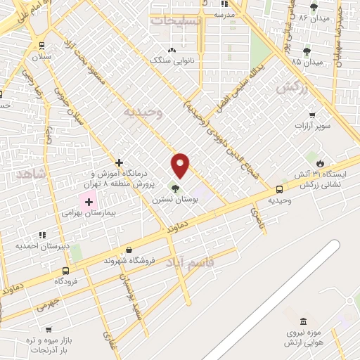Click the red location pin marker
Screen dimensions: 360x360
pos(181,165)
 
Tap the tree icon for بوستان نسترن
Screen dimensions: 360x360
pos(174,188)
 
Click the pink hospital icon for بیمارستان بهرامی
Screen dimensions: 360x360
pos(89,202)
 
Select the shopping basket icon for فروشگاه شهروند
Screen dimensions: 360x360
pos(129,250)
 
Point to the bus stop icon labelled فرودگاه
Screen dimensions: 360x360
pos(65,271)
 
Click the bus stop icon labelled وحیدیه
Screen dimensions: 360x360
pos(280,189)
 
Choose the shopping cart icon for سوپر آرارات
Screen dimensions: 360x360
pos(311,115)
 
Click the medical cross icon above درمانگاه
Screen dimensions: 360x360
pos(120,163)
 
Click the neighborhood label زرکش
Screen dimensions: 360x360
pos(293,87)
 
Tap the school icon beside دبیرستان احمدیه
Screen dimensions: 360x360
pos(42,235)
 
